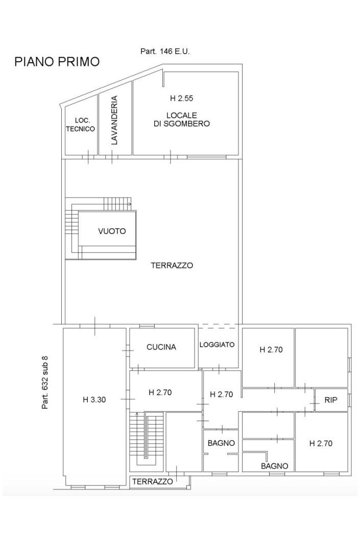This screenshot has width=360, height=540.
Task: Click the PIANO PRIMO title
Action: point(57,62)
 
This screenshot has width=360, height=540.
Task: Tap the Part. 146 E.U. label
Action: point(165,52)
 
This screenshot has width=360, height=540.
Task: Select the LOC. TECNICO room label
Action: point(80,125)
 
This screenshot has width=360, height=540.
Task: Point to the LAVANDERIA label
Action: point(114,120)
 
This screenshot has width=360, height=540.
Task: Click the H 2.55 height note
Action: point(182,99)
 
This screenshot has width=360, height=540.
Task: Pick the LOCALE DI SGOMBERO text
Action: point(182,119)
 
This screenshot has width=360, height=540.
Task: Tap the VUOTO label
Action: point(112,231)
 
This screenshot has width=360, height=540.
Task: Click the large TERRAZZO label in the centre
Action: point(172,265)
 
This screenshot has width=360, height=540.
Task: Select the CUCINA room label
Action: point(161,347)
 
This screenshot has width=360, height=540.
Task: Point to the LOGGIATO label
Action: point(217,345)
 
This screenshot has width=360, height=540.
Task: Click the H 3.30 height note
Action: point(94,400)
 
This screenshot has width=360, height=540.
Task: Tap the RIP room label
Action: point(331,400)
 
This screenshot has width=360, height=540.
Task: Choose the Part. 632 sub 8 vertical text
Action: point(45,382)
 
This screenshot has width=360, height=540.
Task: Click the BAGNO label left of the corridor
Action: point(221,443)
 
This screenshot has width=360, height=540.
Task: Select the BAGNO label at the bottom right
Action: point(275,467)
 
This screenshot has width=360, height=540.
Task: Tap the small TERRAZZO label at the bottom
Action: point(153,481)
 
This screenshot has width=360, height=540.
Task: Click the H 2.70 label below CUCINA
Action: point(160,392)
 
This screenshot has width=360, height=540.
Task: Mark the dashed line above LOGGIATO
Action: point(219,324)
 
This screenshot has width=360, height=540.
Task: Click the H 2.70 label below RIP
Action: point(321,443)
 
